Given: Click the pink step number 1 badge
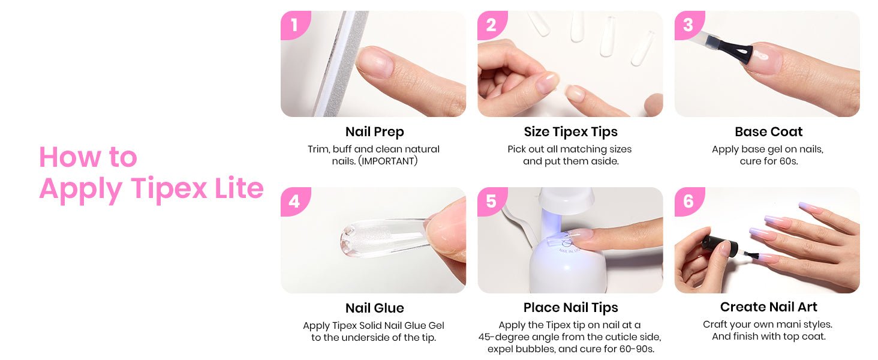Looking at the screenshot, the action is [x=294, y=25].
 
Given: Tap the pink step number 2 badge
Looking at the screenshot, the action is [x=492, y=25].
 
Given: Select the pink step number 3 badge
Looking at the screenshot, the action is [x=688, y=25].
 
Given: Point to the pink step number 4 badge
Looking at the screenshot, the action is [x=294, y=201].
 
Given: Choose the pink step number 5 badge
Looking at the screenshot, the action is [x=492, y=201].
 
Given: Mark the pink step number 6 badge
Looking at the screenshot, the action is [x=688, y=201].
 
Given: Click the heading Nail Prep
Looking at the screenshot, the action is [x=374, y=132].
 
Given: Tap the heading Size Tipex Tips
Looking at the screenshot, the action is [x=571, y=132].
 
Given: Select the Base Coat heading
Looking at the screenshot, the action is [x=769, y=132].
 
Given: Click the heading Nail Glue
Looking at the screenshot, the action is [x=374, y=308].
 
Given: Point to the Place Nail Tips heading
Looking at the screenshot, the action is [x=571, y=308].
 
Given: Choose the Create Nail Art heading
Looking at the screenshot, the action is [x=769, y=307].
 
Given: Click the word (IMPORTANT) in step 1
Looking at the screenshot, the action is [x=388, y=161].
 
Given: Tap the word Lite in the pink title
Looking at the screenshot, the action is [x=239, y=188].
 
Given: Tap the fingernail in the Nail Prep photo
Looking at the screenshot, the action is [x=375, y=61].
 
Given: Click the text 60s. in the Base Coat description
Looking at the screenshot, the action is [x=788, y=161].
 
